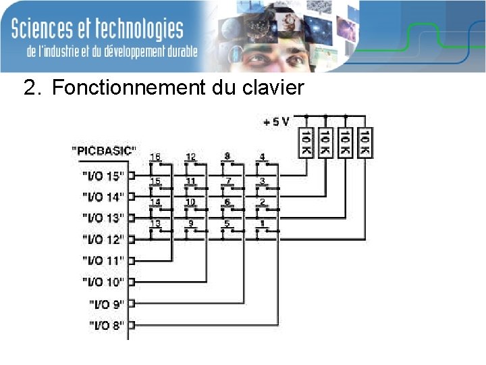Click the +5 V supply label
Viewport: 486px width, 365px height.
coord(276,122)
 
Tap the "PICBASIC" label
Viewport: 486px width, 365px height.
coord(103,149)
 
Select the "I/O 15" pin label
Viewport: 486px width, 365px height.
coord(103,176)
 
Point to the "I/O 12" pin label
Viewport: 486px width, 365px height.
coord(103,239)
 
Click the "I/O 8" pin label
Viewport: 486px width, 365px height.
coord(107,325)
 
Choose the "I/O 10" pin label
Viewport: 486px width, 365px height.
coord(103,281)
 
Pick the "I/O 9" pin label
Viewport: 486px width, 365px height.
coord(107,303)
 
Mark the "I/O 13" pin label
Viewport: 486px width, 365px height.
coord(103,218)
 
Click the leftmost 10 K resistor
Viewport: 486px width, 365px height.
coord(306,143)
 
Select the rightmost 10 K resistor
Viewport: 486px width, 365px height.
coord(365,143)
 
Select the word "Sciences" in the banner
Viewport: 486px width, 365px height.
coord(50,29)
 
